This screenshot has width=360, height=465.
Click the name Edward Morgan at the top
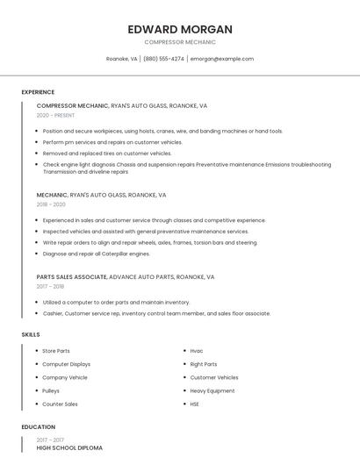[x=179, y=29]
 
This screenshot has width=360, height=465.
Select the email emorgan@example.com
[x=221, y=59]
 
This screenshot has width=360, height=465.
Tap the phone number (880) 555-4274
[x=163, y=59]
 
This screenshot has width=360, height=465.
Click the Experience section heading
[x=38, y=92]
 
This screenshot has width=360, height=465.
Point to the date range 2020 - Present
[x=55, y=115]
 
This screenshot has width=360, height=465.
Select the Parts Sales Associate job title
[x=72, y=276]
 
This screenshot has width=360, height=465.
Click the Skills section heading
[x=31, y=334]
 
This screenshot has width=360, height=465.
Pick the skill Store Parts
[x=56, y=351]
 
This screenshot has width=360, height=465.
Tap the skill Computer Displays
[x=66, y=364]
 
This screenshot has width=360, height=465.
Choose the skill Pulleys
[x=52, y=390]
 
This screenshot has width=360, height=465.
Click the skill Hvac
[x=197, y=351]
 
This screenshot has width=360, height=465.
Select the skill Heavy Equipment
[x=212, y=390]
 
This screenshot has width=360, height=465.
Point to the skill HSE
[x=195, y=404]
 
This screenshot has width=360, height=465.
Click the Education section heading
[x=38, y=427]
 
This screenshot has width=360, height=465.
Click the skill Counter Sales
[x=60, y=404]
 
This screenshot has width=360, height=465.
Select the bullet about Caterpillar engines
[x=97, y=254]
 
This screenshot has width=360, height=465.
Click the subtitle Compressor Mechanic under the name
[x=179, y=42]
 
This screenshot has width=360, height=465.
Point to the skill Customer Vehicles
[x=214, y=377]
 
